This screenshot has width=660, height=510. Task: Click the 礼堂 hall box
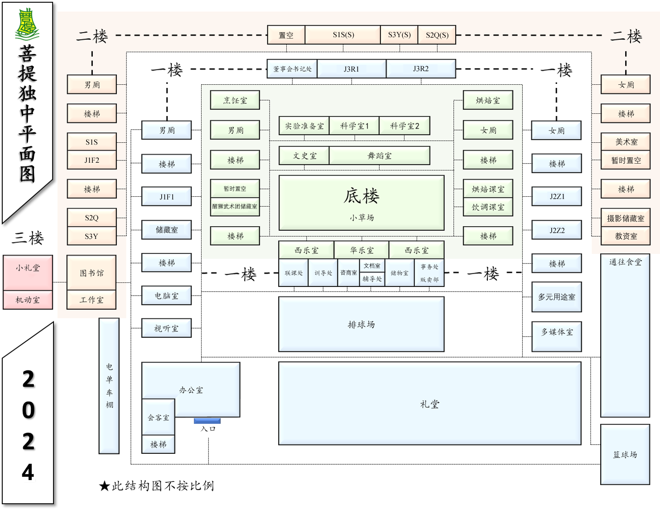pyautogui.click(x=429, y=403)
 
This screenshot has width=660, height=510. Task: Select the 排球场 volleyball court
pyautogui.click(x=361, y=324)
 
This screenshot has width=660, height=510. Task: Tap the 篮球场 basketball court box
pyautogui.click(x=625, y=454)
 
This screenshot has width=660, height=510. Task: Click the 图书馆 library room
pyautogui.click(x=92, y=272)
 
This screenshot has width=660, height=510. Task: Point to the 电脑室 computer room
pyautogui.click(x=166, y=296)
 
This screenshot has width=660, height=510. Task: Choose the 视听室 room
pyautogui.click(x=166, y=328)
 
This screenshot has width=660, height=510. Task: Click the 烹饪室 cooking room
pyautogui.click(x=235, y=100)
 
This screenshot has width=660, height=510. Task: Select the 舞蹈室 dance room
pyautogui.click(x=379, y=155)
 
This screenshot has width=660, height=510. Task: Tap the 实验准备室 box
pyautogui.click(x=304, y=126)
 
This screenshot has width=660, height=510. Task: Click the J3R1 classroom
pyautogui.click(x=351, y=69)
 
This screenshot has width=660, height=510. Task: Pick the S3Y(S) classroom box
pyautogui.click(x=399, y=35)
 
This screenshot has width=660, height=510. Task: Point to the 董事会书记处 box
pyautogui.click(x=292, y=69)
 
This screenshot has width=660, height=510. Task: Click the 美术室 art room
pyautogui.click(x=626, y=142)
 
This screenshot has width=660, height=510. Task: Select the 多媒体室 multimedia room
pyautogui.click(x=557, y=332)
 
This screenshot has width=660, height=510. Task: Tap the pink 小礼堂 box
pyautogui.click(x=28, y=268)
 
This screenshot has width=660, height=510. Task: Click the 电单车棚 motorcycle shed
pyautogui.click(x=109, y=385)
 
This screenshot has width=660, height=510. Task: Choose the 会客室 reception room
pyautogui.click(x=158, y=418)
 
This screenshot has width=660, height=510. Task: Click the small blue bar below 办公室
pyautogui.click(x=207, y=421)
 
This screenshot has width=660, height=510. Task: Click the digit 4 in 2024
pyautogui.click(x=28, y=472)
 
